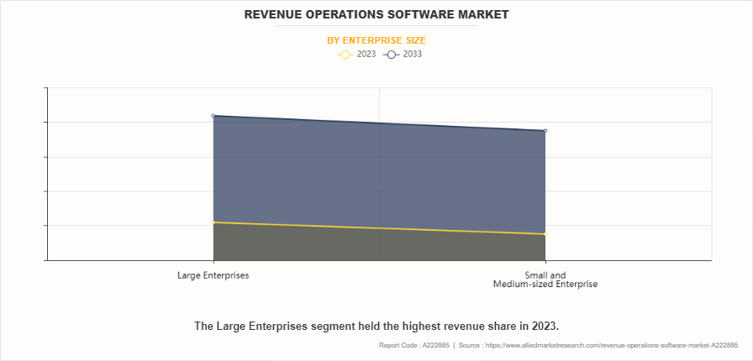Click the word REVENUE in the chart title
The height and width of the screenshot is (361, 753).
275,15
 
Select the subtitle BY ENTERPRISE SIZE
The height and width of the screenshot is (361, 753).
376,40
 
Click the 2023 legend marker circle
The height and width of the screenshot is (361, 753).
345,55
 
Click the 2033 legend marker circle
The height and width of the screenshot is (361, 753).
391,55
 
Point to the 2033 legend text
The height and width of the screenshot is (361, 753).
412,55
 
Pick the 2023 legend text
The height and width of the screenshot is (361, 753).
366,55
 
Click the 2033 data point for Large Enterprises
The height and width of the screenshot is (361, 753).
213,116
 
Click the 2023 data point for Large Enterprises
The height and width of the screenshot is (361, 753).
213,222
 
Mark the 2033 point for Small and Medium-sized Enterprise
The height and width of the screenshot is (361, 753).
545,131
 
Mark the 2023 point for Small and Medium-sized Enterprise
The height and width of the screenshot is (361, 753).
545,234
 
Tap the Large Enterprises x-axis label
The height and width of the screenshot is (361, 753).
213,275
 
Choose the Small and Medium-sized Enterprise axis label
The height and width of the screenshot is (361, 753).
545,280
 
